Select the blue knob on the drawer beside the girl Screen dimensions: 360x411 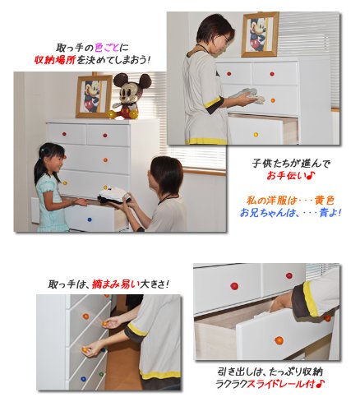89,219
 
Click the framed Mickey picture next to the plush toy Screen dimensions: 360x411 94,96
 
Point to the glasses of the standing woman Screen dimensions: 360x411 227,39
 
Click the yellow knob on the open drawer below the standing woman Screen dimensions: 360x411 256,135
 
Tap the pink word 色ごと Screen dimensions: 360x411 107,48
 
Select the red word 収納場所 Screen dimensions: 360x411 54,60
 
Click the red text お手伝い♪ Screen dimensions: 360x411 291,176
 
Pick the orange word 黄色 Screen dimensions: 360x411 325,201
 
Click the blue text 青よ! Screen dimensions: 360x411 330,212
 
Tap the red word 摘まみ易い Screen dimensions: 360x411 116,284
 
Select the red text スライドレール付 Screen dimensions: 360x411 281,384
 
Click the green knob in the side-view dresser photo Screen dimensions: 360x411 101,374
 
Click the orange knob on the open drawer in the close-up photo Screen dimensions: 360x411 279,340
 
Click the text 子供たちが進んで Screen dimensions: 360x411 291,164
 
